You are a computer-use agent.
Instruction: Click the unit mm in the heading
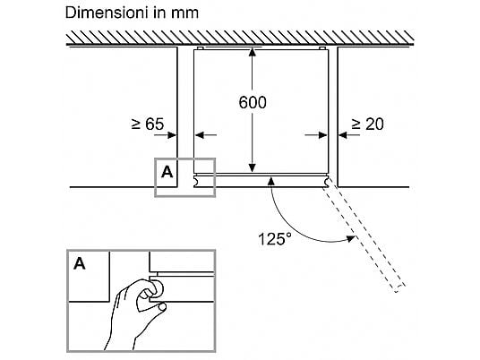184,14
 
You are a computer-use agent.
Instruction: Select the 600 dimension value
253,103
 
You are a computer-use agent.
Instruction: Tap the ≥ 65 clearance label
148,124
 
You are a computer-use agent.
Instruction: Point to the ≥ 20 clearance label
367,124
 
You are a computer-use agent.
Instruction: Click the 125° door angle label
275,239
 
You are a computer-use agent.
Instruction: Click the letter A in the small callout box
167,172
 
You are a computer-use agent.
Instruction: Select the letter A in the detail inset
80,263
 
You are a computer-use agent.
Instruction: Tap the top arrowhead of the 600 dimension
252,52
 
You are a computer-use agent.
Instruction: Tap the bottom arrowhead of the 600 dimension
252,167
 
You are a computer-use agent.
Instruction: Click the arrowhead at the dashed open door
350,238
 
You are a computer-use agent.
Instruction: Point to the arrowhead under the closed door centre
271,181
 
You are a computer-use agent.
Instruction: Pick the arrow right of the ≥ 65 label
166,134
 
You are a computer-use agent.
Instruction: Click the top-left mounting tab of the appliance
200,48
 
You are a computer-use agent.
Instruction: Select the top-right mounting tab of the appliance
322,48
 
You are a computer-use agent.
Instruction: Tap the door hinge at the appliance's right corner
326,181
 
